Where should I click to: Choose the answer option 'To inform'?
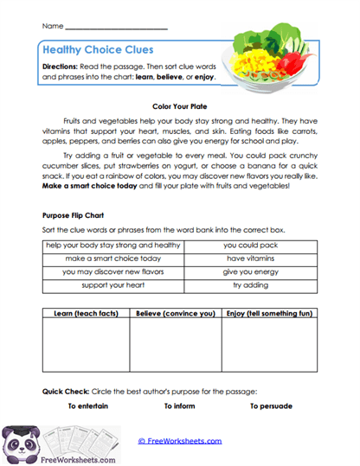point(181,405)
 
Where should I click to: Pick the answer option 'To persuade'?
point(271,405)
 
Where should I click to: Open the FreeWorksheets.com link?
point(179,440)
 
